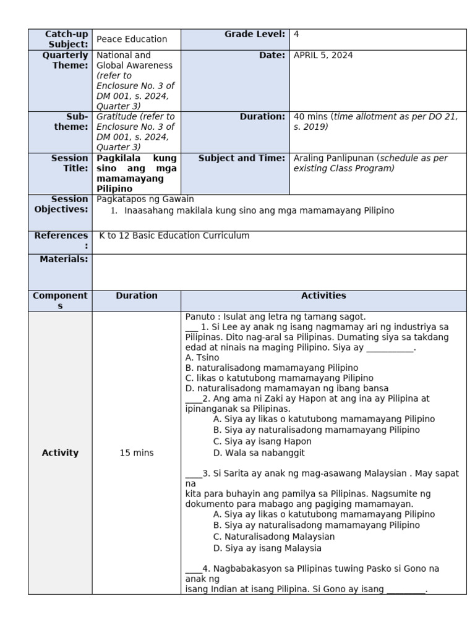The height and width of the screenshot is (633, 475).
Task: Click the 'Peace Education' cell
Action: [132, 39]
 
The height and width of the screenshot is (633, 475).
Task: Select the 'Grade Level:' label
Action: [255, 35]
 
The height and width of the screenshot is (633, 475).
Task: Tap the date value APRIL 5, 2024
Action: [323, 55]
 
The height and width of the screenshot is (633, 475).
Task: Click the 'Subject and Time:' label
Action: [242, 158]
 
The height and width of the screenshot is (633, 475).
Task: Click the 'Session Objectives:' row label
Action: [61, 205]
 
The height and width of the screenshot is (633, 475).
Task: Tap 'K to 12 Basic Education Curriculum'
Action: [174, 236]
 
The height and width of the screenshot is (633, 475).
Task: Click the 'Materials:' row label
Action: [64, 259]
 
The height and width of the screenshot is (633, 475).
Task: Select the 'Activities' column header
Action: [323, 295]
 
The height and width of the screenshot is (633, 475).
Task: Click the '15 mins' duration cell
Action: [136, 453]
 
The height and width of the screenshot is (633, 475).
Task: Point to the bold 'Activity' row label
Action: [60, 453]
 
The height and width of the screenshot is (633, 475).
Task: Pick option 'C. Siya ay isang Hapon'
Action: [262, 441]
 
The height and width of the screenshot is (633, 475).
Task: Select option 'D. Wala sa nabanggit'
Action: [259, 453]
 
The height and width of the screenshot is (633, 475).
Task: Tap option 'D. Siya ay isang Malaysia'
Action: [267, 548]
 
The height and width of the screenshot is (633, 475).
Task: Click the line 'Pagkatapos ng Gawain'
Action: [145, 199]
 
